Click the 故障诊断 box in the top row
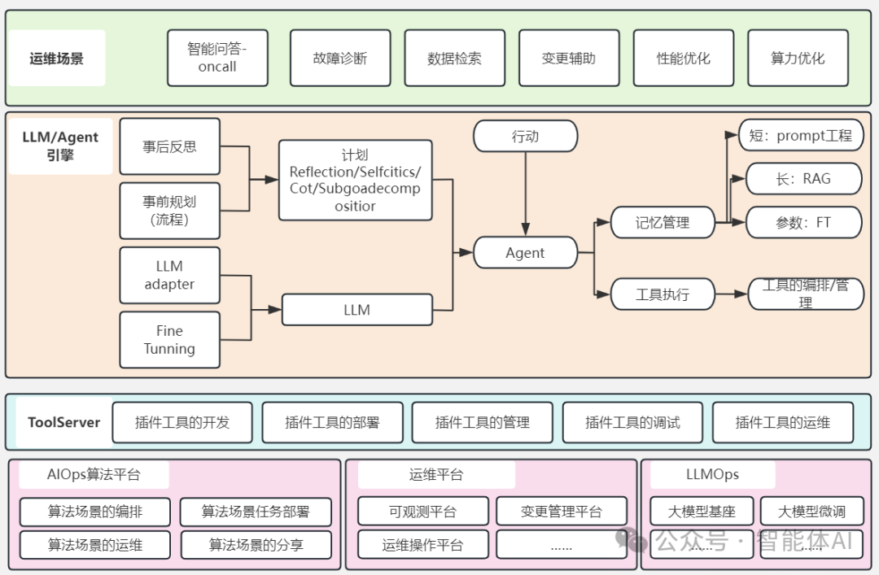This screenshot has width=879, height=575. pyautogui.click(x=340, y=59)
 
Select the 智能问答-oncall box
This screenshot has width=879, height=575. pyautogui.click(x=217, y=59)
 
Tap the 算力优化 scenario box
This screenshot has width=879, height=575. pyautogui.click(x=798, y=59)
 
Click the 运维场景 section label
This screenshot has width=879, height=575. pyautogui.click(x=56, y=59)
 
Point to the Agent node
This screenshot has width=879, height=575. pyautogui.click(x=525, y=253)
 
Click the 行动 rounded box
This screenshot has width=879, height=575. pyautogui.click(x=525, y=136)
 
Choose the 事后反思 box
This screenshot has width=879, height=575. pyautogui.click(x=169, y=146)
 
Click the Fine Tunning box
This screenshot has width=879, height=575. pyautogui.click(x=169, y=340)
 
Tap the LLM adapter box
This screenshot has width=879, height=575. pyautogui.click(x=169, y=275)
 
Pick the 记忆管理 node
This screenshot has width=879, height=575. pyautogui.click(x=663, y=222)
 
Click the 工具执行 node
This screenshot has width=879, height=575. pyautogui.click(x=663, y=294)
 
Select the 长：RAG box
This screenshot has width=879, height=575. pyautogui.click(x=803, y=179)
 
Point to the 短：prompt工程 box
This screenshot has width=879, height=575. pyautogui.click(x=800, y=136)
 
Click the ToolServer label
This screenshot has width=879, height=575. pyautogui.click(x=63, y=422)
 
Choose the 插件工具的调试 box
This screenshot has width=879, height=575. pyautogui.click(x=632, y=422)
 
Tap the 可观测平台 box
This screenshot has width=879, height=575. pyautogui.click(x=422, y=512)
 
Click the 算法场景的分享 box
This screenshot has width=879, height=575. pyautogui.click(x=256, y=544)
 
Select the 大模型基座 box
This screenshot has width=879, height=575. pyautogui.click(x=702, y=512)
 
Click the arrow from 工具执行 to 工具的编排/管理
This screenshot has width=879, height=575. pyautogui.click(x=731, y=294)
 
